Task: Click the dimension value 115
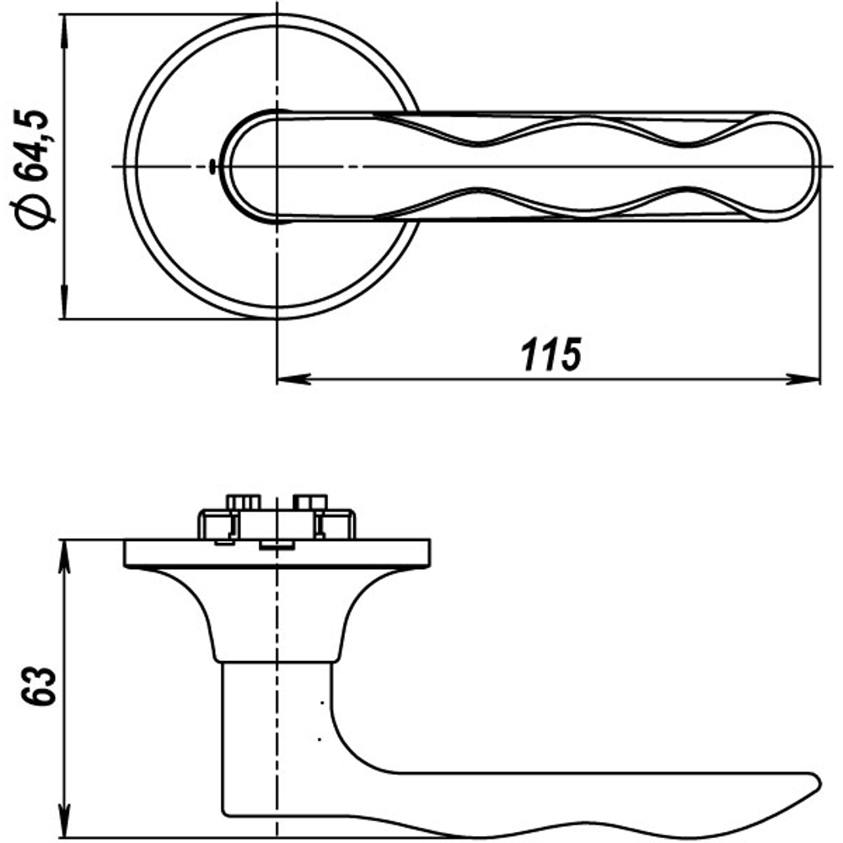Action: (551, 355)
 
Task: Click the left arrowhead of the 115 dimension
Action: (292, 379)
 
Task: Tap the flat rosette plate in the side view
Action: (278, 554)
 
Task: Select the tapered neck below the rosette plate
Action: (278, 615)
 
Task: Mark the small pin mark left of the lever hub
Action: (211, 166)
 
